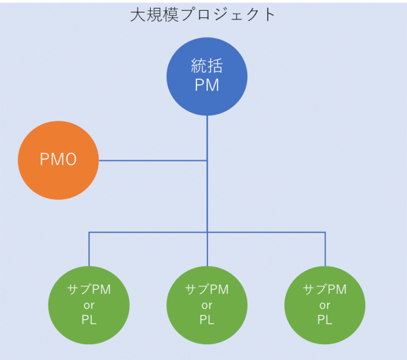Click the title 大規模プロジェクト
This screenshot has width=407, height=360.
[x=203, y=15]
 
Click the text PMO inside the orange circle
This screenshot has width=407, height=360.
[x=58, y=160]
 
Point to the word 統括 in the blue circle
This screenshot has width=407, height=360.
[x=207, y=65]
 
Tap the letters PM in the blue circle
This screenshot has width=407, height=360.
[x=207, y=86]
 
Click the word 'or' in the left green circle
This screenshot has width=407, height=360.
[x=89, y=305]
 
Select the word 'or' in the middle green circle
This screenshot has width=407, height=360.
[x=207, y=305]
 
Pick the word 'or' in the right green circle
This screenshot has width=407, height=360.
[x=325, y=305]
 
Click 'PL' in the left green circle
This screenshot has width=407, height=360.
[x=89, y=320]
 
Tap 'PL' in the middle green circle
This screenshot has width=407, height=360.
[x=207, y=320]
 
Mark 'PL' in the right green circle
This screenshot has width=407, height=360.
[x=325, y=320]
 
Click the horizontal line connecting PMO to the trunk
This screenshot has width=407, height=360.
[x=152, y=160]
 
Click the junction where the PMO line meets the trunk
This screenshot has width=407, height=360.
[x=207, y=160]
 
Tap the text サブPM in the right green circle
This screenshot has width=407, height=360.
[x=325, y=290]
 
